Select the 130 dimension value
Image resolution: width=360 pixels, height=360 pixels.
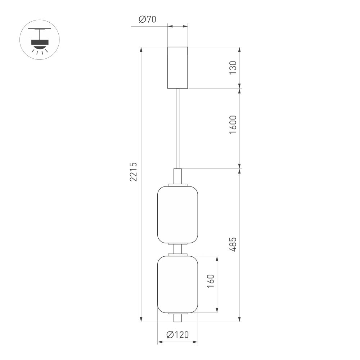click(x=233, y=68)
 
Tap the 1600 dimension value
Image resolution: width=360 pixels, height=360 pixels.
click(x=233, y=125)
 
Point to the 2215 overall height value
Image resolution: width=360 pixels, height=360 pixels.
click(x=134, y=172)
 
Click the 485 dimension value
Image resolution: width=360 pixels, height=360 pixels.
click(x=233, y=244)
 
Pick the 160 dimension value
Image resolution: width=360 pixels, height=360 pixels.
click(x=211, y=281)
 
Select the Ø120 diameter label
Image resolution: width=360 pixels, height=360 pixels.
click(x=177, y=335)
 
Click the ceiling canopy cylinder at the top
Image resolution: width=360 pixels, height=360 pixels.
click(x=178, y=67)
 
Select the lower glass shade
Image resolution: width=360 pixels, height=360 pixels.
click(x=178, y=284)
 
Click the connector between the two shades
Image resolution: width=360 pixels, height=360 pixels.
click(x=178, y=249)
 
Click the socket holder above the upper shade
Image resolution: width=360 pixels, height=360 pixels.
click(x=178, y=176)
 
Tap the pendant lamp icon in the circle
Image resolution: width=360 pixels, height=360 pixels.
click(x=39, y=40)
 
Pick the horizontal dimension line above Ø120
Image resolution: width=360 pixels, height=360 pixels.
click(x=178, y=342)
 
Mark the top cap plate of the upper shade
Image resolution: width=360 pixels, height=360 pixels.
click(x=178, y=185)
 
